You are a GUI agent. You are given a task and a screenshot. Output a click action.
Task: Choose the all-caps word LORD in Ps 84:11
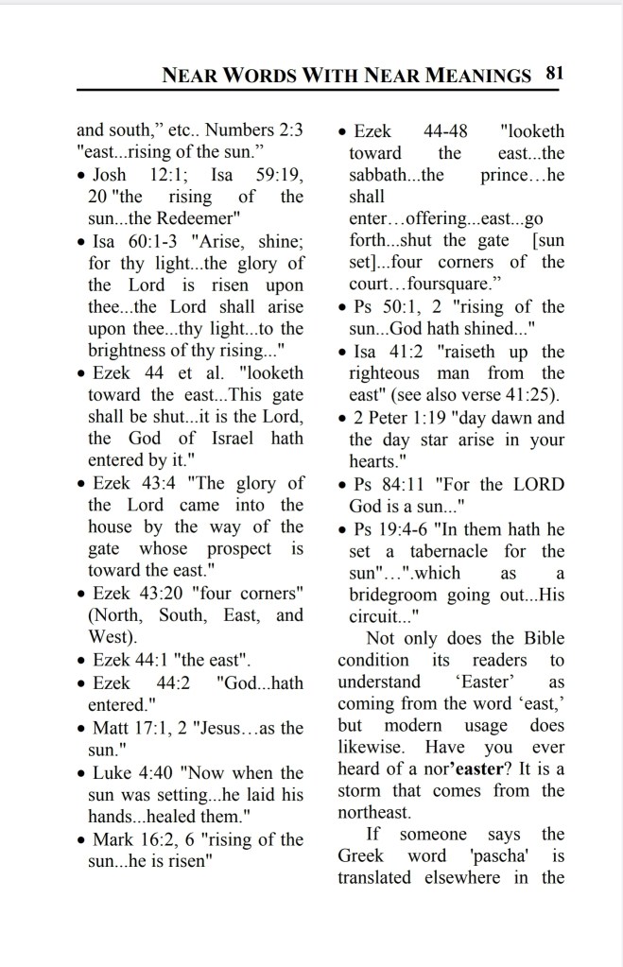pyautogui.click(x=539, y=485)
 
